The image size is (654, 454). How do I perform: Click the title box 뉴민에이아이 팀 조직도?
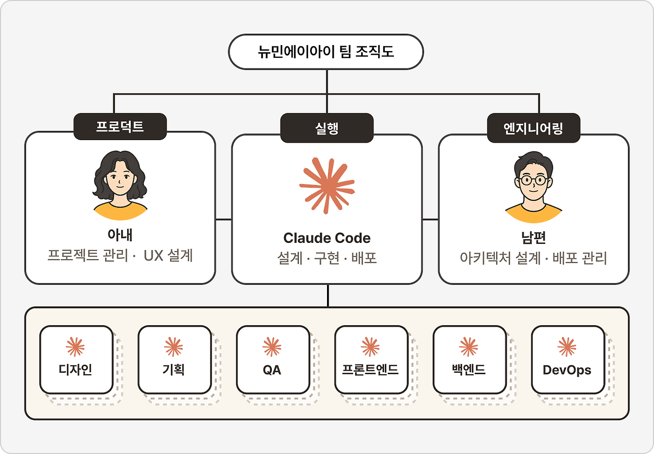(x=326, y=52)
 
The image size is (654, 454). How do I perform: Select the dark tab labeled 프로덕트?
(x=120, y=126)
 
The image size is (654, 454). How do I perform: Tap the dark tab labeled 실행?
(x=326, y=128)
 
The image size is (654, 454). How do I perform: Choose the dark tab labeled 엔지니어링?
(x=533, y=128)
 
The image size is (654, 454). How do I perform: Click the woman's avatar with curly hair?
(x=120, y=185)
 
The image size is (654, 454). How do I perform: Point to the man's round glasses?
(x=533, y=180)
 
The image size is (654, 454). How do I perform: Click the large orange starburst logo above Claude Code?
(x=327, y=186)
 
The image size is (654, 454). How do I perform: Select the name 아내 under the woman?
(x=120, y=235)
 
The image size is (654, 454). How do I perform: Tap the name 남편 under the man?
(x=533, y=238)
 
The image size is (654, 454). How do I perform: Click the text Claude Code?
(x=326, y=238)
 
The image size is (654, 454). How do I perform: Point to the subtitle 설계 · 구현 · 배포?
(x=326, y=258)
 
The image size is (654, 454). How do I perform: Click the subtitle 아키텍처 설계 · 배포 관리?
(x=533, y=258)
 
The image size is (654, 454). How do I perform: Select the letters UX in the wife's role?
(x=153, y=256)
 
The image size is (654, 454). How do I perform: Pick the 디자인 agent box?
(x=76, y=359)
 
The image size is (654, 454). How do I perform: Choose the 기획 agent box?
(x=175, y=359)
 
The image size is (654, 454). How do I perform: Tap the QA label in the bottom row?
(x=272, y=370)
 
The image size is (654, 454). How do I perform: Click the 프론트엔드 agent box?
(x=371, y=359)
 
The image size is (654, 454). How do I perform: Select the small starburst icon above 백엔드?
(x=469, y=347)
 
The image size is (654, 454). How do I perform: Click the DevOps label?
(x=567, y=370)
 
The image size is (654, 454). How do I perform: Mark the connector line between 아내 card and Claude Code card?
(x=224, y=219)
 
